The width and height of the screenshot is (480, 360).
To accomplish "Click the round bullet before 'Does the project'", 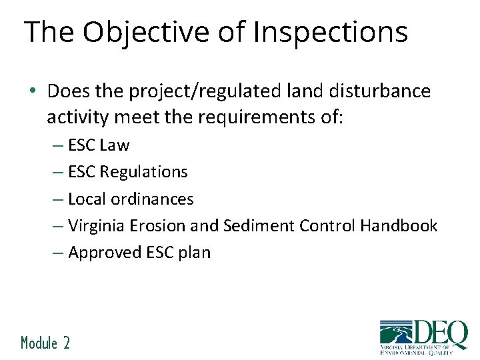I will tap(33, 91).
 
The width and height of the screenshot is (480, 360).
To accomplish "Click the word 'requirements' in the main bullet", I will tap(253, 118).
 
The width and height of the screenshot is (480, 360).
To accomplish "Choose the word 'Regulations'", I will tap(143, 172).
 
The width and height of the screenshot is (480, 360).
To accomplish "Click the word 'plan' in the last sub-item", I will tap(195, 253).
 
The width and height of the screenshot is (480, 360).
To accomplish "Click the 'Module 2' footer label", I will tap(45, 343).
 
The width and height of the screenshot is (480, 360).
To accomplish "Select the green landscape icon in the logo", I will tap(396, 334).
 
